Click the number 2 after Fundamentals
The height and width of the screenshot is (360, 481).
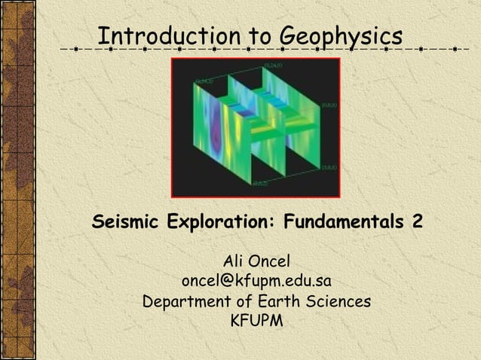417,223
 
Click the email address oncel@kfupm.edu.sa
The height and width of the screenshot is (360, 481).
256,281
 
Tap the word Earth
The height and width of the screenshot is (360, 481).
280,301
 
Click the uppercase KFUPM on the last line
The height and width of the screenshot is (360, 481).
256,322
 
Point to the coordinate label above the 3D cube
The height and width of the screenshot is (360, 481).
273,66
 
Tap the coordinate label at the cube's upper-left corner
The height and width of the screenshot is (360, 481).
204,81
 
